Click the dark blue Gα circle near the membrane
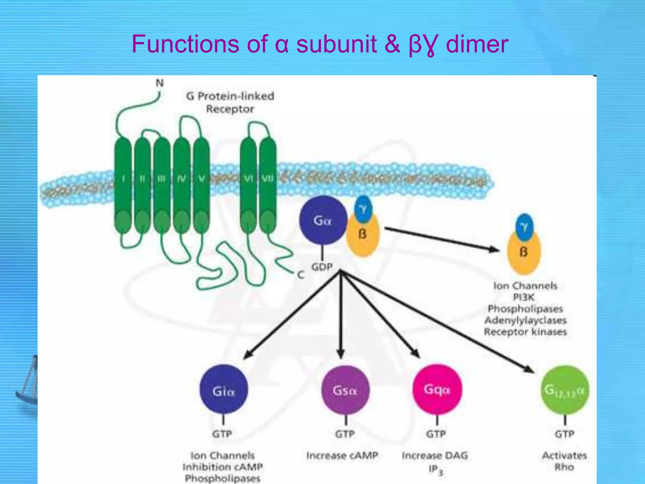click(322, 220)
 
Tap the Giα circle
click(224, 390)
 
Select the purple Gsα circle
click(345, 390)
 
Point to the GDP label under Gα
click(322, 267)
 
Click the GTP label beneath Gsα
click(345, 434)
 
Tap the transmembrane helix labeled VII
click(268, 183)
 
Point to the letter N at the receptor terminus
click(160, 83)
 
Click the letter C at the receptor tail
click(301, 275)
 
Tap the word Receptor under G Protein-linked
click(230, 109)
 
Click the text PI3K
click(524, 297)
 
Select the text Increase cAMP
click(342, 455)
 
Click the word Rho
click(564, 467)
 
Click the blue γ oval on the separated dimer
click(524, 227)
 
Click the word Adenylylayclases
click(525, 320)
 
